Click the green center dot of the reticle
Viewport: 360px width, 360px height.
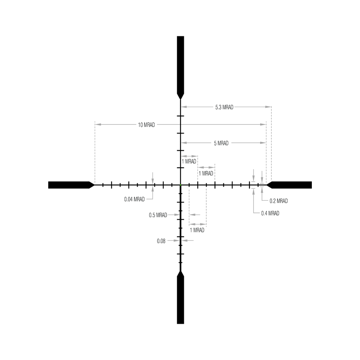click(x=180, y=185)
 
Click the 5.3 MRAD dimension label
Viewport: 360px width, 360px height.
click(x=224, y=107)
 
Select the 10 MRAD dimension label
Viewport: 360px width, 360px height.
click(x=147, y=125)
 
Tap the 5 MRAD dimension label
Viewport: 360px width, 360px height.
click(x=221, y=143)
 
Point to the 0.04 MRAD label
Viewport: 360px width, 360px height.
click(x=134, y=199)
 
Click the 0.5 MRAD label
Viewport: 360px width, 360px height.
click(x=158, y=215)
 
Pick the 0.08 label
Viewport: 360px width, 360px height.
click(x=161, y=241)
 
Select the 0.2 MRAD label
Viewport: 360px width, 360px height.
click(x=278, y=201)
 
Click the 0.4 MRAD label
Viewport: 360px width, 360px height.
click(x=270, y=213)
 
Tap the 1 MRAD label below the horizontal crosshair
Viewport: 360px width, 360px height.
click(x=197, y=230)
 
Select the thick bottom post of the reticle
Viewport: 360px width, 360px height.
click(x=180, y=297)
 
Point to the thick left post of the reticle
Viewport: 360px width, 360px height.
click(x=71, y=185)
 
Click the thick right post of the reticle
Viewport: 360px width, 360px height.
click(x=289, y=185)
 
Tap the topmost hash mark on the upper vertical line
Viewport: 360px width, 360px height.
click(x=180, y=116)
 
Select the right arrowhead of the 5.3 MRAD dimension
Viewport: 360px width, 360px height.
click(x=268, y=107)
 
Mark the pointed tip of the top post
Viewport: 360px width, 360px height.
click(x=180, y=99)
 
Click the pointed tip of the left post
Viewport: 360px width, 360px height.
click(x=95, y=185)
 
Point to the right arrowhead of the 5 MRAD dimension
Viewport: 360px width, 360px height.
click(x=263, y=143)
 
